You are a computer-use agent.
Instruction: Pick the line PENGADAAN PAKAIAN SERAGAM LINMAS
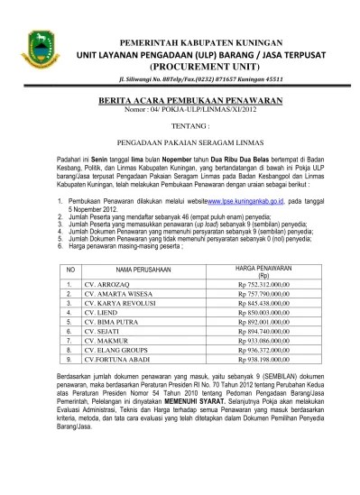tap(181, 142)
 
